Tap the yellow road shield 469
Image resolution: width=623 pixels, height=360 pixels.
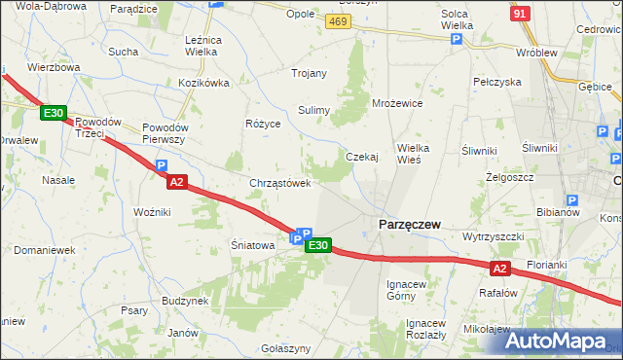pos(339,21)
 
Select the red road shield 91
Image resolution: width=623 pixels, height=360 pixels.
pos(521,12)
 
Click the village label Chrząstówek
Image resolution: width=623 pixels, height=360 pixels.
pos(280,182)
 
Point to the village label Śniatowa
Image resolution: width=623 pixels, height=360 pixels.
pos(251,245)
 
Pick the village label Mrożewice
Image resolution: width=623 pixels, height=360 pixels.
pos(397,102)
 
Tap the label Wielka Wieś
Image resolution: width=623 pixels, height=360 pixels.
pos(421,154)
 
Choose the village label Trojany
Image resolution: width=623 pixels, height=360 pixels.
pos(311,74)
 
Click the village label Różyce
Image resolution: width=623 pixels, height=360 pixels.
pos(263,125)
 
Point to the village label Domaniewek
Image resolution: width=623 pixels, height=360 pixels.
pos(45,250)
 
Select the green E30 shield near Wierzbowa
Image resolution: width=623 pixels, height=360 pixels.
pos(54,114)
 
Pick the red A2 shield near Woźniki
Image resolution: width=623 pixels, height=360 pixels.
pos(175,182)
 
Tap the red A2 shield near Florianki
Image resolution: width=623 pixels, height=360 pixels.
pos(499,268)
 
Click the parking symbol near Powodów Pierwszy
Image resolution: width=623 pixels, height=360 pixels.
pos(163,166)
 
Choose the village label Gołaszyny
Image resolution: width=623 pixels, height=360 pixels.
pos(286,348)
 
